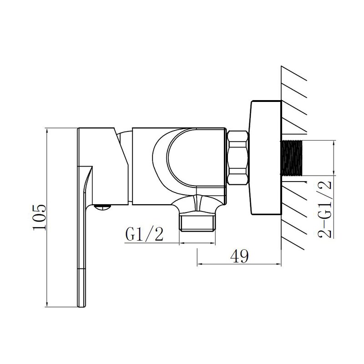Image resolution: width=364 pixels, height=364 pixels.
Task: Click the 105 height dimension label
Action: coord(40,217)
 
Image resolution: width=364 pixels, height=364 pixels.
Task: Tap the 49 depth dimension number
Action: coord(239,256)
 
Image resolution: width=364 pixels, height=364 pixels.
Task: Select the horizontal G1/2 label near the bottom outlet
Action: coord(144,234)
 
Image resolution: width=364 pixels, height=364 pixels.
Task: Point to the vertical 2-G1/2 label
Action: coord(324,209)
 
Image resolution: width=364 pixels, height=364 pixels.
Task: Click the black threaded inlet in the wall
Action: coord(292,158)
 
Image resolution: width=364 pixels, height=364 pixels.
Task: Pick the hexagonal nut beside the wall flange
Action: coord(237,158)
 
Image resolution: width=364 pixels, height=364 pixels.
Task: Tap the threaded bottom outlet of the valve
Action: coord(197,222)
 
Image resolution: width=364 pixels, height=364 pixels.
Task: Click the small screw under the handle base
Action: coord(102,207)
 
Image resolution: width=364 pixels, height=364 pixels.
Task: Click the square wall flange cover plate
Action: coord(265,157)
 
